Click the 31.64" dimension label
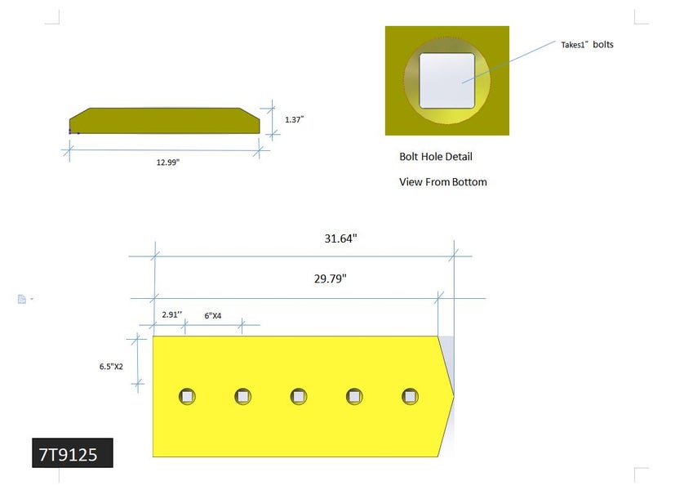click(340, 239)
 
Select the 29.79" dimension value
click(330, 278)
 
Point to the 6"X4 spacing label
click(212, 314)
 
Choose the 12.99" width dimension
click(167, 162)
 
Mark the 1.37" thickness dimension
click(294, 119)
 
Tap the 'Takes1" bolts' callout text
click(586, 45)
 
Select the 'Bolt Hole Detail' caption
click(435, 156)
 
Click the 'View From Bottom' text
click(442, 182)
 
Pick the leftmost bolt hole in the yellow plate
click(187, 397)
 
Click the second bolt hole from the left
click(242, 397)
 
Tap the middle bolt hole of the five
click(299, 397)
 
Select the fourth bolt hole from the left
click(354, 397)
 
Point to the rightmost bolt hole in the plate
click(410, 397)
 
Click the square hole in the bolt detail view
click(446, 81)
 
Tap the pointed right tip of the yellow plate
click(452, 396)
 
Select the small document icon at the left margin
click(22, 299)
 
